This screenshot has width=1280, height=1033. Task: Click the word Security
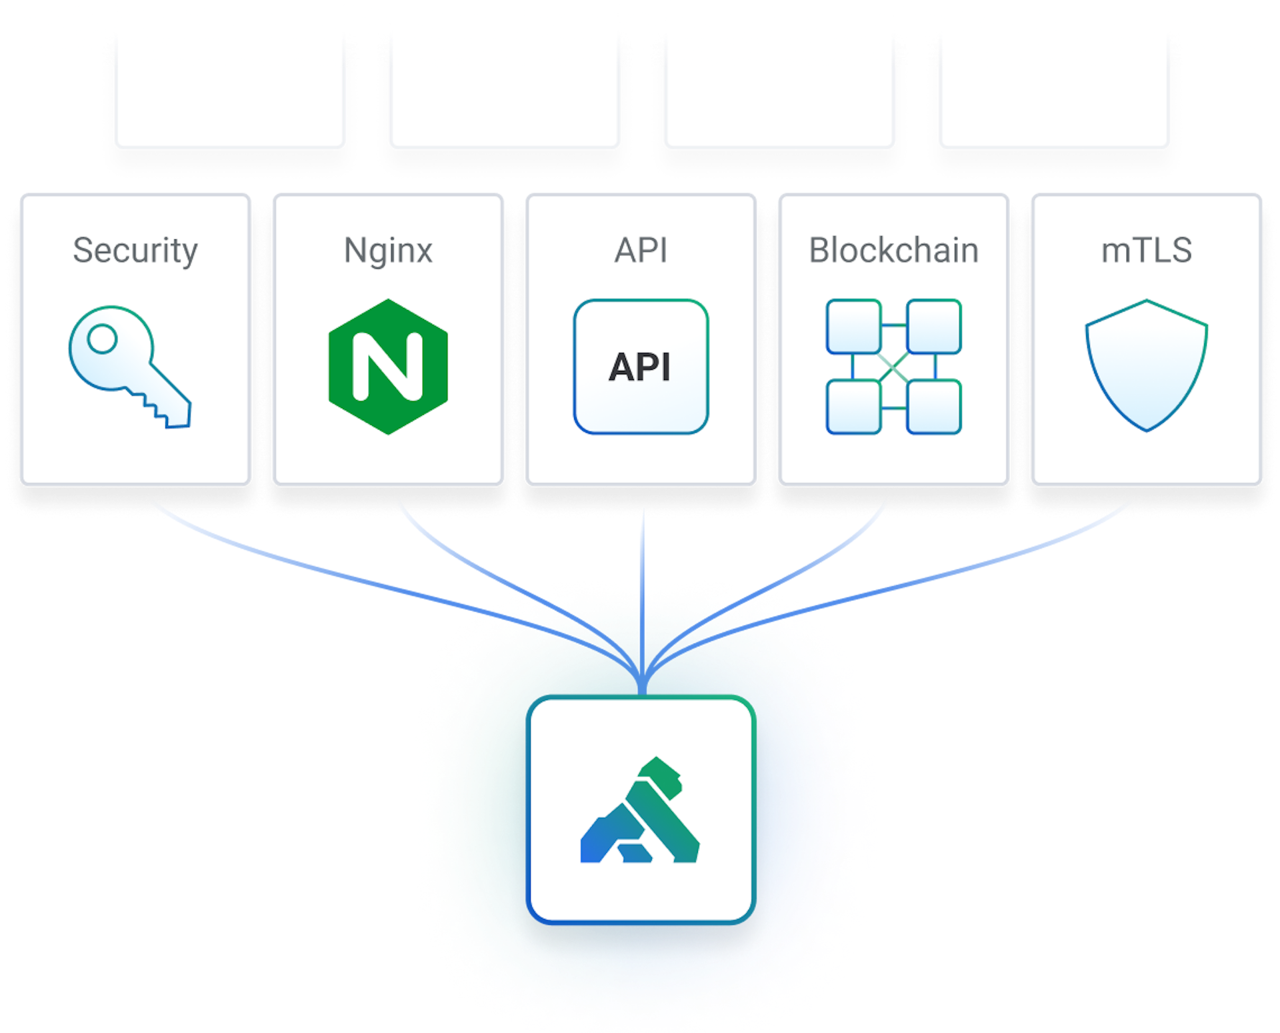[135, 251]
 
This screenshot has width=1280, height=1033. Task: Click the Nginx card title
[388, 251]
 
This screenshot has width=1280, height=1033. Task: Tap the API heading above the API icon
[641, 251]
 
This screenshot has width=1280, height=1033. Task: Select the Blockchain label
[893, 251]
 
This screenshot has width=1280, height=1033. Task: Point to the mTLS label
[1146, 251]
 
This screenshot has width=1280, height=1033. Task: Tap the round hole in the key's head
[102, 338]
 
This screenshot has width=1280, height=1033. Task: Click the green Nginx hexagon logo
[388, 367]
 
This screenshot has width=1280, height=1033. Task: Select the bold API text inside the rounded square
[639, 367]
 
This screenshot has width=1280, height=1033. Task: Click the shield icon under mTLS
[1146, 367]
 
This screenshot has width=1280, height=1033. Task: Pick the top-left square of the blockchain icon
[854, 327]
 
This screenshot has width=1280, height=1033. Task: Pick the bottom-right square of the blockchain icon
[934, 407]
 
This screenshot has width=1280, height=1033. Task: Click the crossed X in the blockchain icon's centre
[893, 367]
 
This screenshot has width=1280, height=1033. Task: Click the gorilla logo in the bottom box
[640, 810]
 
